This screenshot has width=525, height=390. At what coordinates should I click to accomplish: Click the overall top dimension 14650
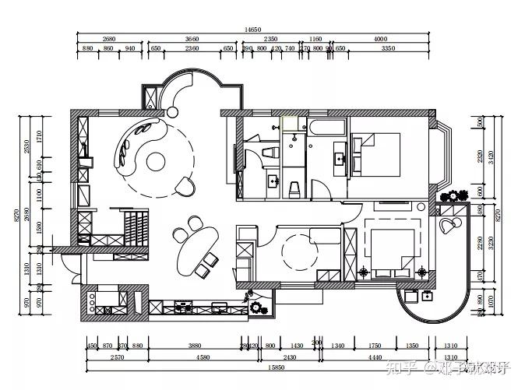252,29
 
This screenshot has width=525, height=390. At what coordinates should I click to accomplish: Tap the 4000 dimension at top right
380,39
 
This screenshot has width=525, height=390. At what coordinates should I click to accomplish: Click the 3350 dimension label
387,48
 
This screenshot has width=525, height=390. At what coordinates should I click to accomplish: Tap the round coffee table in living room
157,162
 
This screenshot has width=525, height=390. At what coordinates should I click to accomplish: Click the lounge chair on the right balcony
448,226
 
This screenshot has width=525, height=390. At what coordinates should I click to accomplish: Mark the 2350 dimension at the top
270,39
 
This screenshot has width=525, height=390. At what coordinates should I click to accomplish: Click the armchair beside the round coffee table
185,185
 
